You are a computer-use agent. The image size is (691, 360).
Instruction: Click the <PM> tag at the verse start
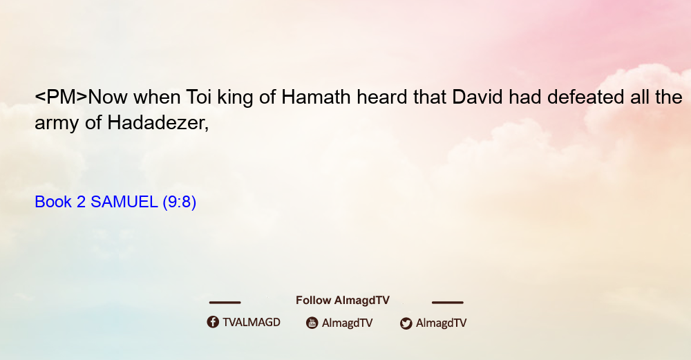point(61,97)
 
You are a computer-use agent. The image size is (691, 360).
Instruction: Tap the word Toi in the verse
point(199,97)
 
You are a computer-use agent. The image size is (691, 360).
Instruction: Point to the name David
point(477,97)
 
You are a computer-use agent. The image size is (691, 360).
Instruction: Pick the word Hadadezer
point(158,122)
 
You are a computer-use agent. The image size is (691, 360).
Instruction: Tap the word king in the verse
point(235,98)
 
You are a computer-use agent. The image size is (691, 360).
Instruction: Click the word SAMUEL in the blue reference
point(124,202)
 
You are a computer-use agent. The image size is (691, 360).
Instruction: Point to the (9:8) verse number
point(180,202)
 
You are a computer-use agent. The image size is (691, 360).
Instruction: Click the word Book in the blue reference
point(53,202)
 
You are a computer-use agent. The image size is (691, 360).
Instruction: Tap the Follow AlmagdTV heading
point(343,300)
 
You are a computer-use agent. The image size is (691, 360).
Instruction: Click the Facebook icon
point(213,322)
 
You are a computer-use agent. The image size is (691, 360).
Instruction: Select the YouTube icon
point(312,323)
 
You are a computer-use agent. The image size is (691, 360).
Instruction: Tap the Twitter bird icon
point(406,323)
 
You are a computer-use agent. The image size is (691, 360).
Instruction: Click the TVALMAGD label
point(252,322)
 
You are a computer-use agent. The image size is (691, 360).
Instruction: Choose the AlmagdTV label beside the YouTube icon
point(348,323)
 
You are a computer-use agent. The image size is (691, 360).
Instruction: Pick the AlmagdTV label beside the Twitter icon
point(441,323)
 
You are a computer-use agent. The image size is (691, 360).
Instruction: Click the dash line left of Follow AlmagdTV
point(225,302)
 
